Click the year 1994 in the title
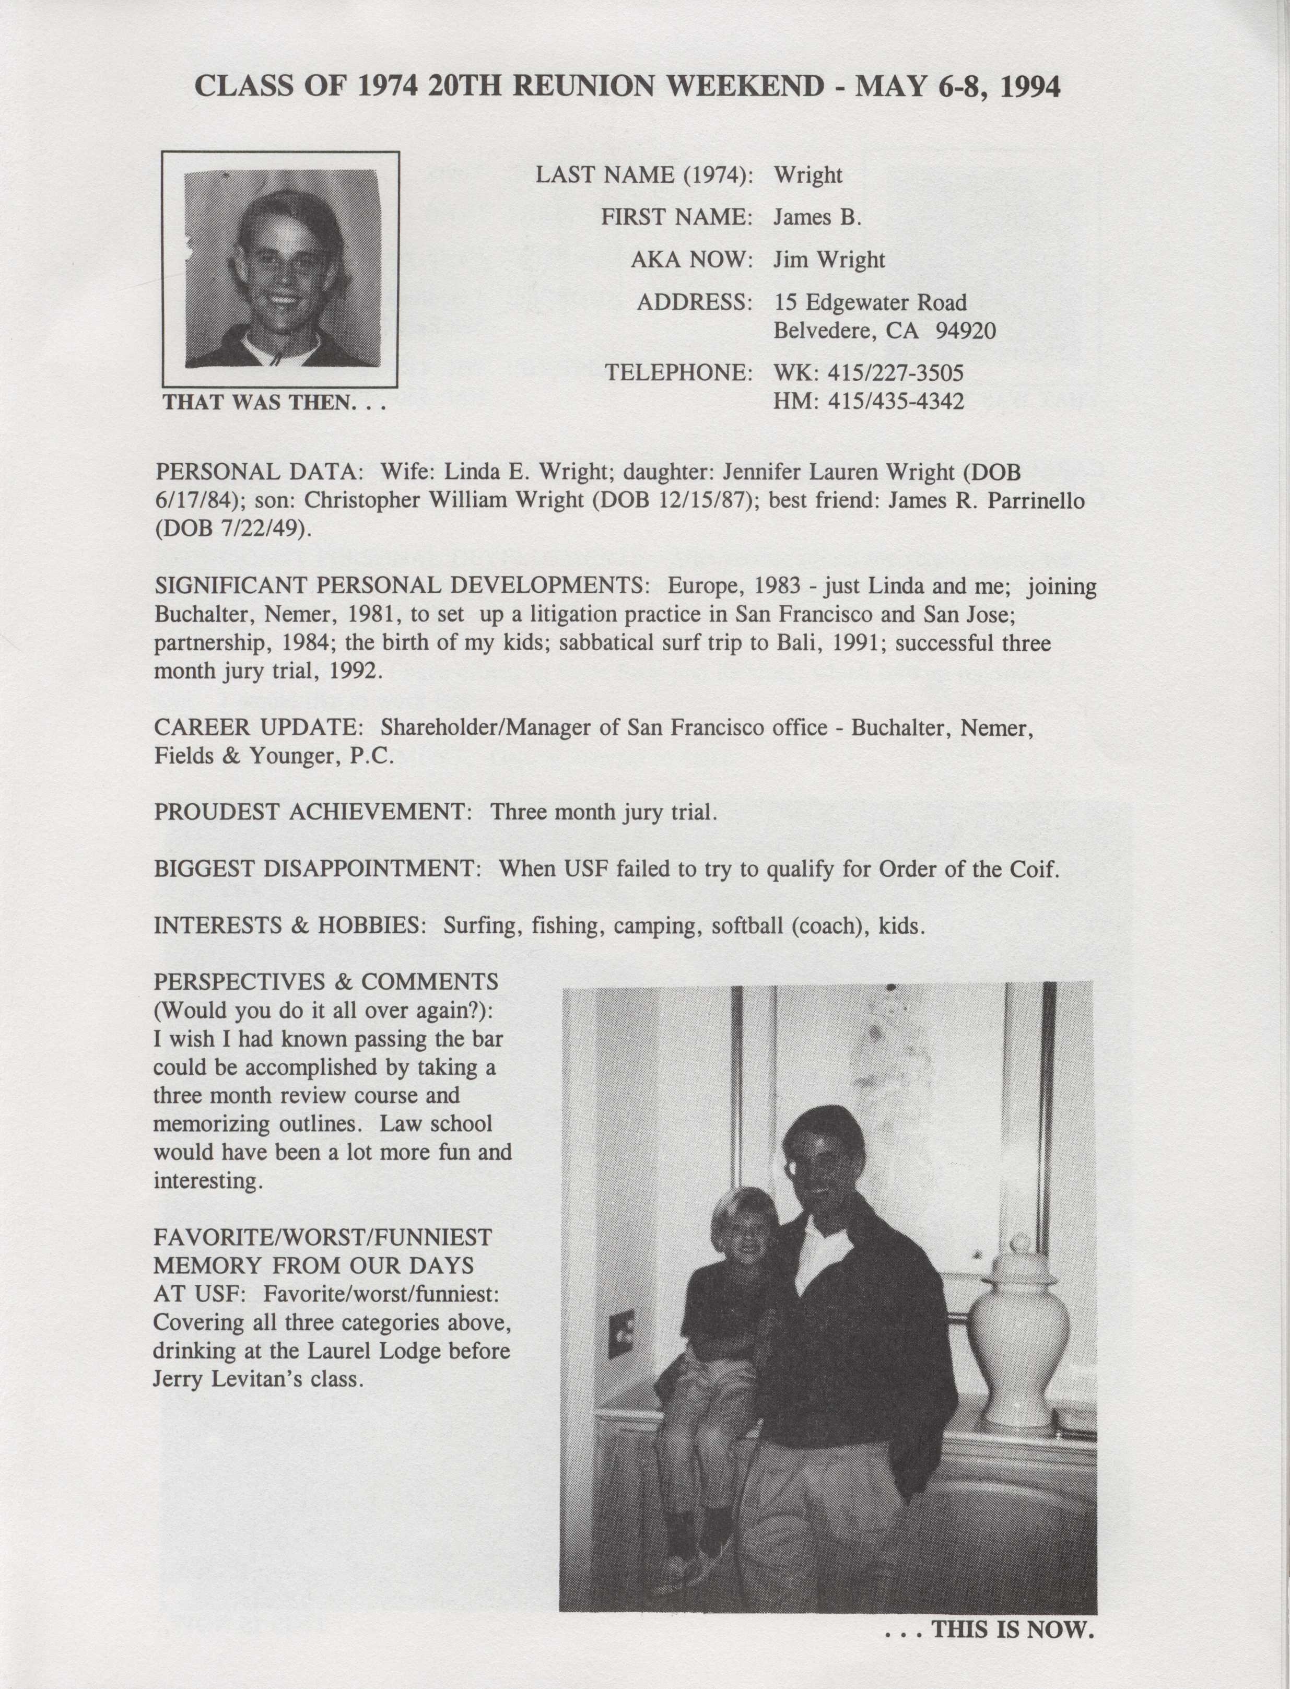click(1031, 87)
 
